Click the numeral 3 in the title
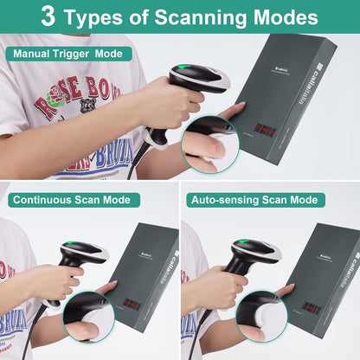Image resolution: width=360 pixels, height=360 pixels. pyautogui.click(x=50, y=16)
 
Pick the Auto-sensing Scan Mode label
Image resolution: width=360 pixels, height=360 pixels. pyautogui.click(x=254, y=200)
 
